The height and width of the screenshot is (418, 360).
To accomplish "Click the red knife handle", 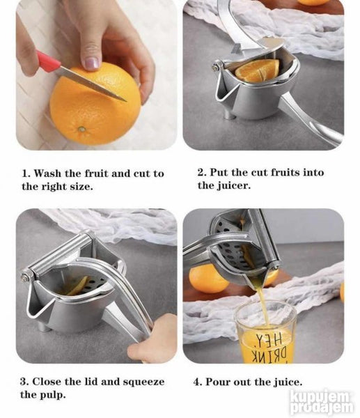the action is [x=48, y=61].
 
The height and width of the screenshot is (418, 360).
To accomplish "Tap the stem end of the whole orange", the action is [x=82, y=130].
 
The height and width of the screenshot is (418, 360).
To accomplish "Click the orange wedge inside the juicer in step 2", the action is [x=258, y=70].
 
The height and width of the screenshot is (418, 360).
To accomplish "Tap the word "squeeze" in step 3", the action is [x=143, y=382].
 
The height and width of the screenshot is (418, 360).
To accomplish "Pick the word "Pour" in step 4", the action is [x=217, y=382].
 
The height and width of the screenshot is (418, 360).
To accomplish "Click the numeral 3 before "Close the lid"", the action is [x=23, y=382].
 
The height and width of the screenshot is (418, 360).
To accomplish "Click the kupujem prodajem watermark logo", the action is [x=322, y=403].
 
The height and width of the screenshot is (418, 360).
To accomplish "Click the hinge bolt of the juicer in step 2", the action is [x=216, y=66].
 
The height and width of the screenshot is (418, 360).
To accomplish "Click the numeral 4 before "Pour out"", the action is [x=196, y=382].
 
